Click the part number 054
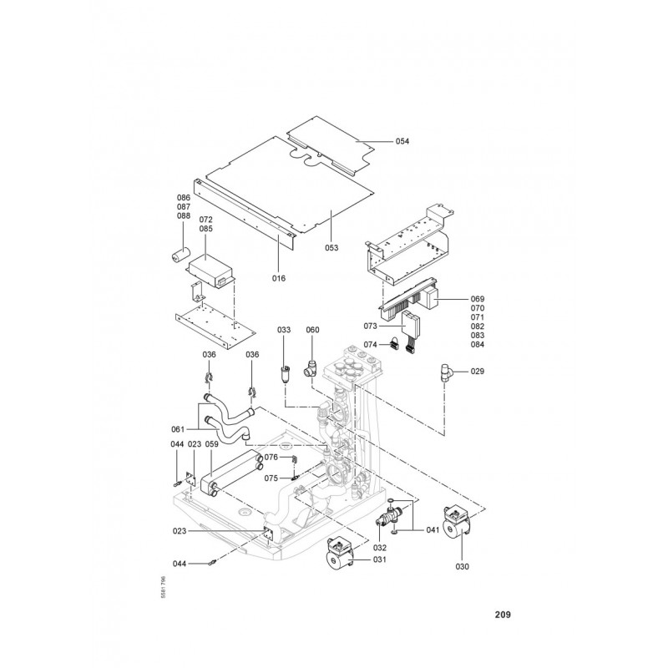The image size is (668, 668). pyautogui.click(x=402, y=142)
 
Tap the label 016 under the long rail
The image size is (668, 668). pyautogui.click(x=279, y=277)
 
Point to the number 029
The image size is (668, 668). pyautogui.click(x=478, y=370)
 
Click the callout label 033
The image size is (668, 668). pyautogui.click(x=285, y=331)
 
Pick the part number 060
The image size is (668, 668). pyautogui.click(x=312, y=331)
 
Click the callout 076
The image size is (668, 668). pyautogui.click(x=271, y=458)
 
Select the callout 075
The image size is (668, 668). pyautogui.click(x=271, y=478)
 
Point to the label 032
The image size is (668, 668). pyautogui.click(x=380, y=548)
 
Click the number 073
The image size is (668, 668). pyautogui.click(x=371, y=325)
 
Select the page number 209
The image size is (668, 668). pyautogui.click(x=502, y=615)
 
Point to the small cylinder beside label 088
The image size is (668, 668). pyautogui.click(x=180, y=253)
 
